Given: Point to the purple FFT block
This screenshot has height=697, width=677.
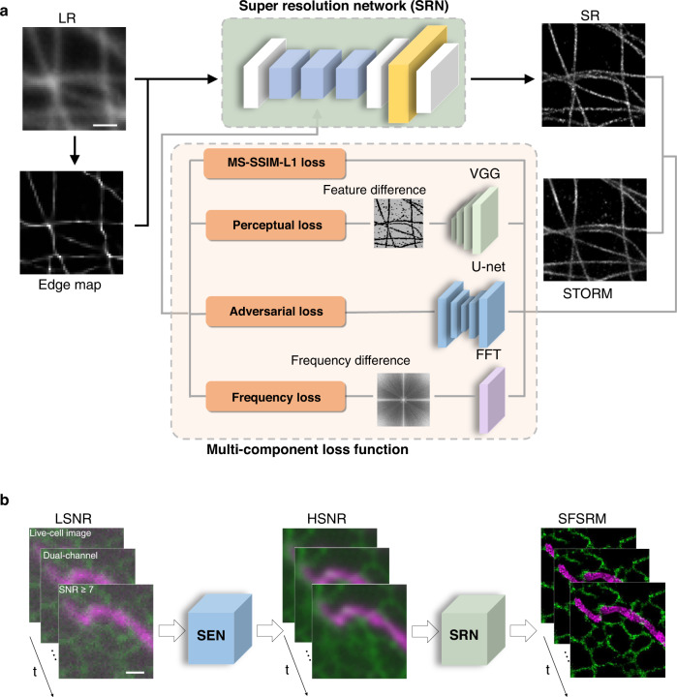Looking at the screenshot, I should (486, 398).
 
